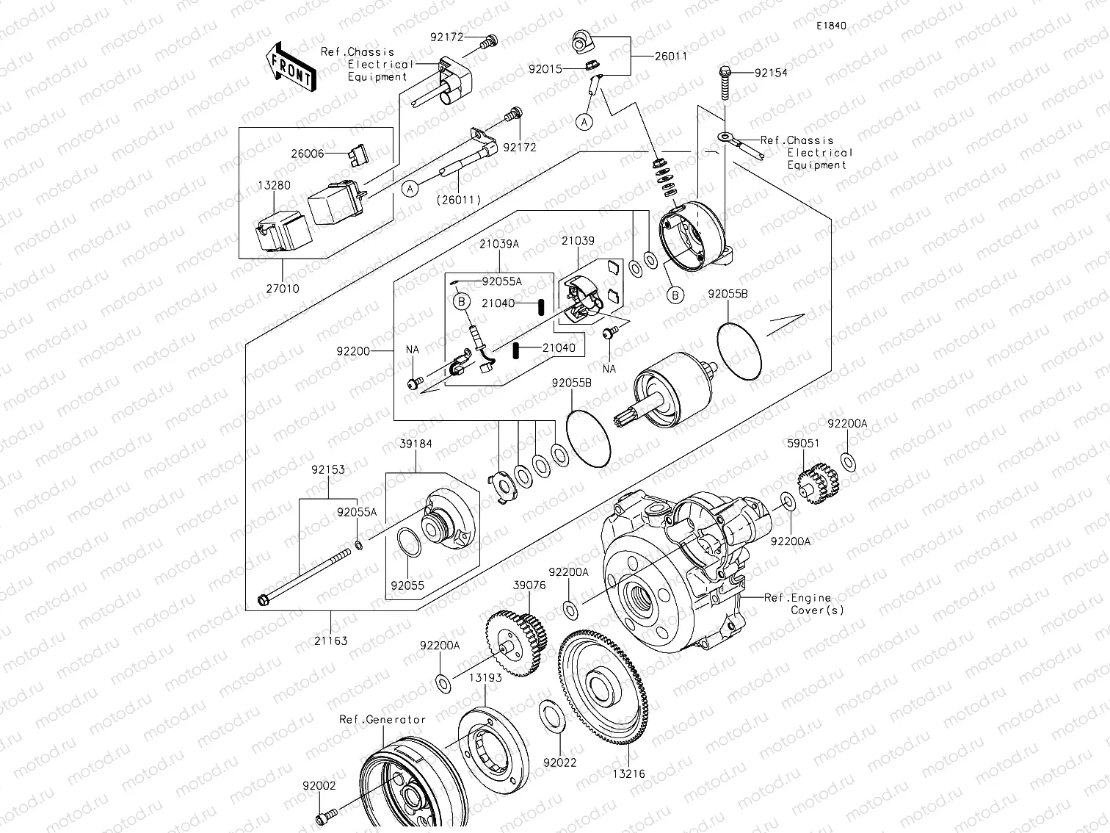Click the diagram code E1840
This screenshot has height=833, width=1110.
point(831,26)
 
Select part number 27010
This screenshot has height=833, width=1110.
point(283,289)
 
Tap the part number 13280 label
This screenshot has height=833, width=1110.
point(273,186)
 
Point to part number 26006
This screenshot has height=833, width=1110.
point(308,154)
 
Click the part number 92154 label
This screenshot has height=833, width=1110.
point(770,73)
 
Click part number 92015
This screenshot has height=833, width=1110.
point(545,69)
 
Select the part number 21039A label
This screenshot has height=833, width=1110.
point(500,243)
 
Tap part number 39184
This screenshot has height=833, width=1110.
point(416,444)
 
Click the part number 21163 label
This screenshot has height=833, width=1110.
point(331,641)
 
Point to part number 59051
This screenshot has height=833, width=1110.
point(802,444)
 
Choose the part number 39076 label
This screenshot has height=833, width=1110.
point(529,585)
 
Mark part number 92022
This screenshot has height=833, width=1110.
point(560,762)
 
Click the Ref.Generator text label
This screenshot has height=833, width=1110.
point(382,719)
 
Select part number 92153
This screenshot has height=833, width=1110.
point(327,469)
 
